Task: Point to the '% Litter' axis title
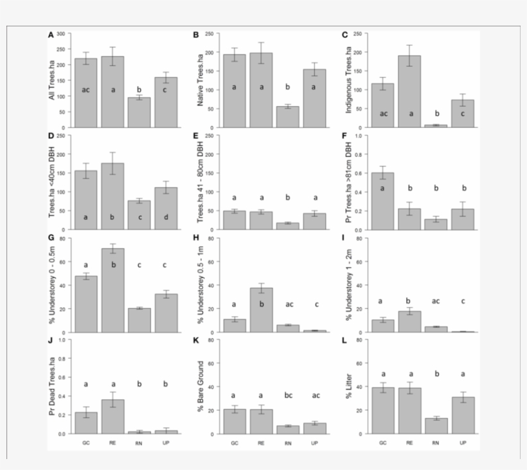pyautogui.click(x=348, y=387)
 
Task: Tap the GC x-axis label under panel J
pyautogui.click(x=86, y=443)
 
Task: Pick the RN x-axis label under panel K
pyautogui.click(x=289, y=443)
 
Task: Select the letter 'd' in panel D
pyautogui.click(x=166, y=217)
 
